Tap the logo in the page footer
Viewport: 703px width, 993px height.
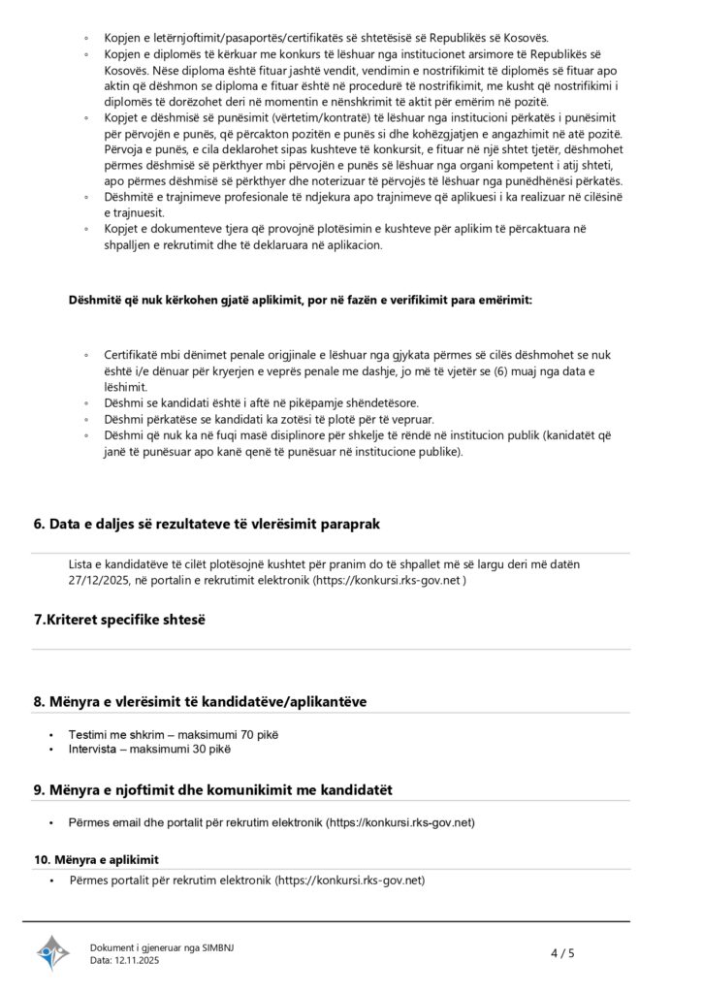click(53, 952)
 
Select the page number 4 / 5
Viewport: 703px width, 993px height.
click(562, 953)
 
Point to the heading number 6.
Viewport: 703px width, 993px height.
click(40, 524)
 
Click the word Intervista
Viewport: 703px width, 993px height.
click(93, 749)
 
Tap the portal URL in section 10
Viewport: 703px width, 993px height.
click(350, 881)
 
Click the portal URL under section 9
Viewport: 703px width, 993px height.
click(400, 822)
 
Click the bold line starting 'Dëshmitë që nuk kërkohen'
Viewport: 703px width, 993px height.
click(299, 301)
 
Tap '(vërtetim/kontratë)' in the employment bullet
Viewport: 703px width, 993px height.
click(273, 117)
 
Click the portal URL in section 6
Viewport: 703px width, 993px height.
click(383, 581)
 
